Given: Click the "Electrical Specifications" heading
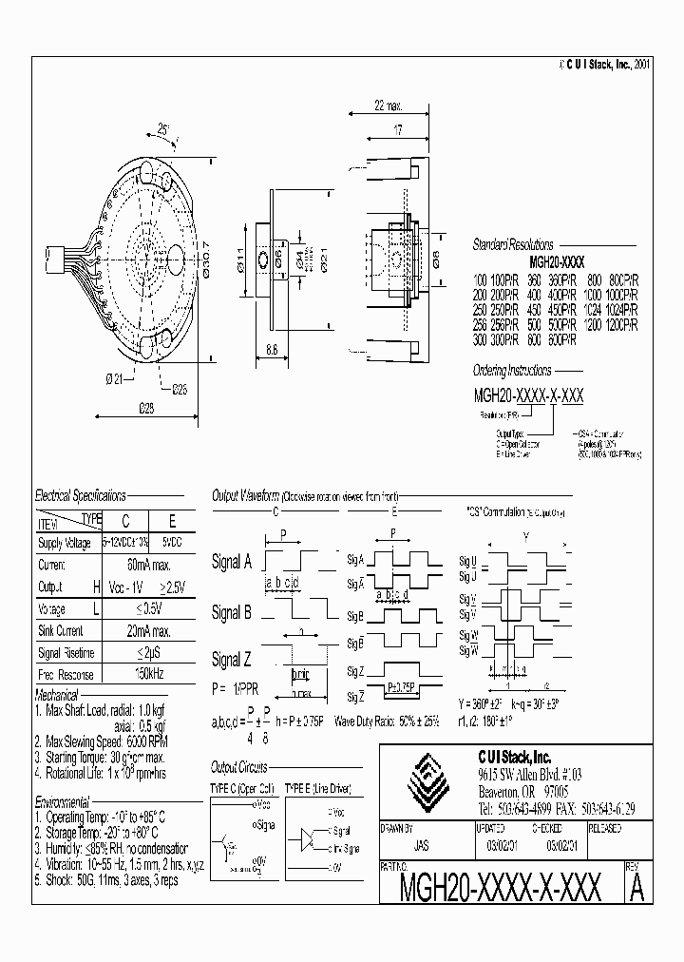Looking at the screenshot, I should [80, 496].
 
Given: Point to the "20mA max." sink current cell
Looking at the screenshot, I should [148, 631].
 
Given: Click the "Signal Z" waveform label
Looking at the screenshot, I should [232, 659].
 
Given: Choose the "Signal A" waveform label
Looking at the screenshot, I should [232, 562].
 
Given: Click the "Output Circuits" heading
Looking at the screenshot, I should [238, 766].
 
